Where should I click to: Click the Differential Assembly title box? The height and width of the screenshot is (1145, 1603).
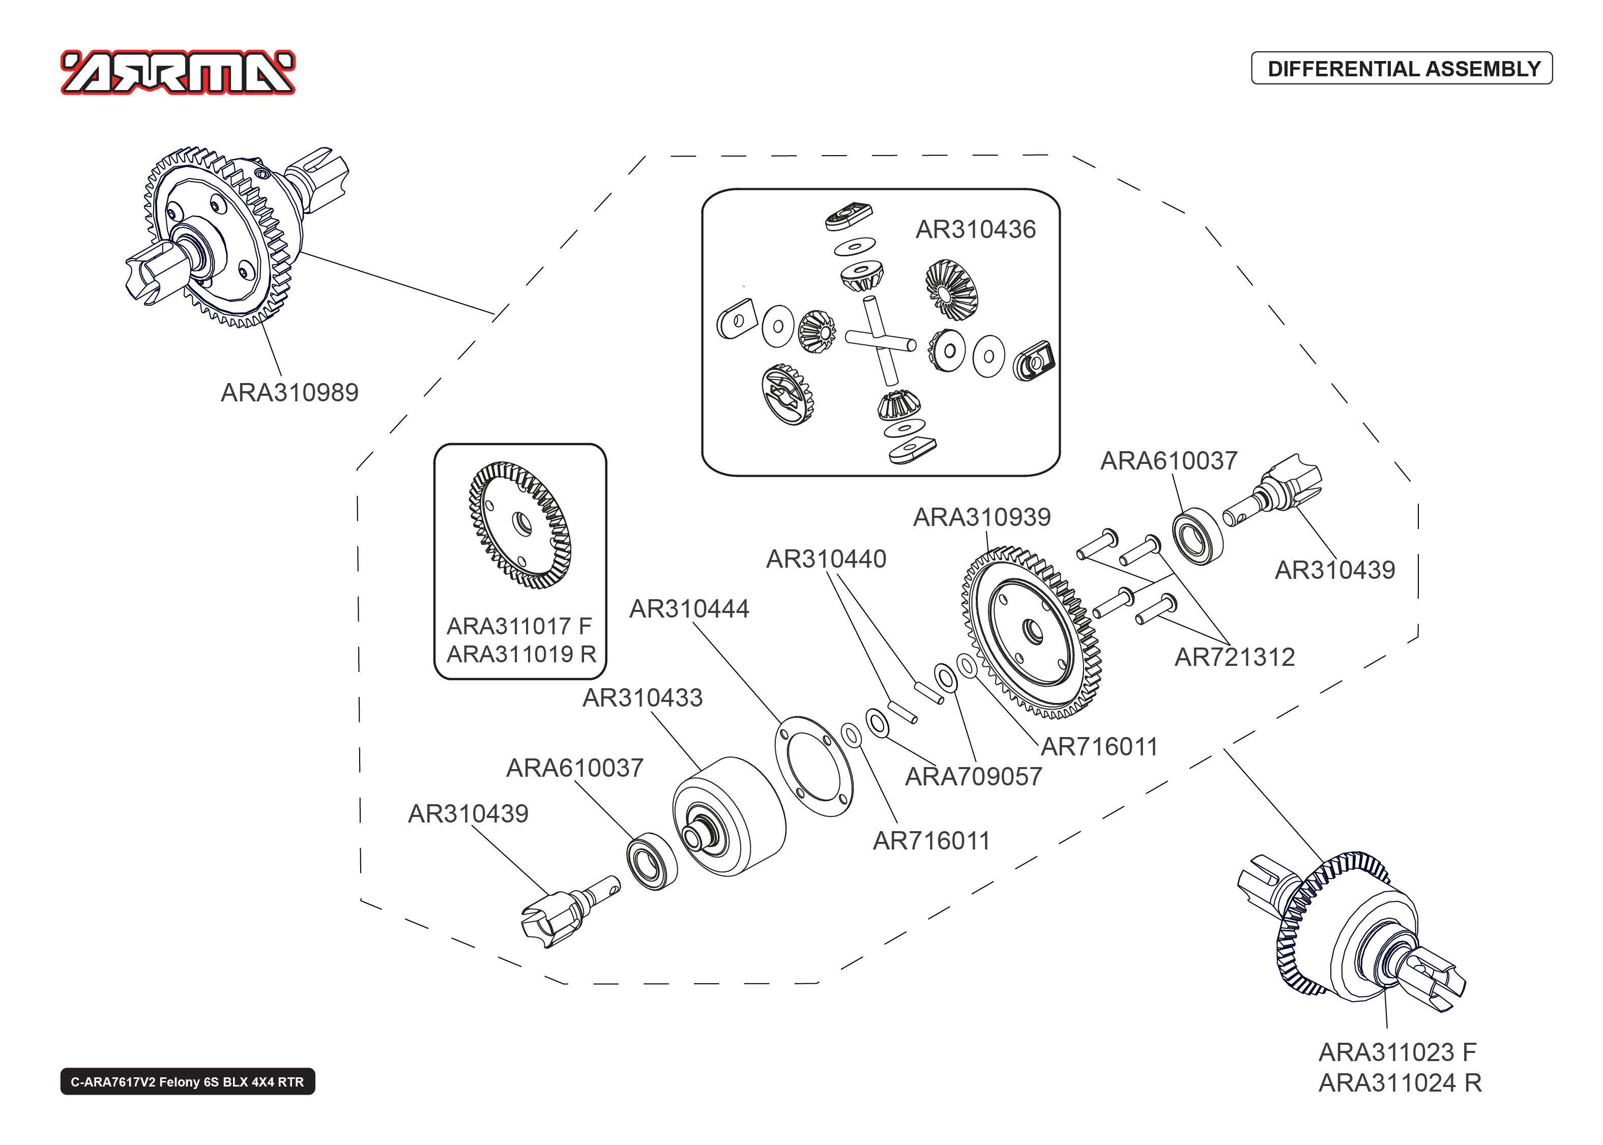(1402, 68)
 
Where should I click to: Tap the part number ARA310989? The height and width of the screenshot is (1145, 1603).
(290, 393)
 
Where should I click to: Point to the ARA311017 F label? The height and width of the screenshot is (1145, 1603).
(519, 626)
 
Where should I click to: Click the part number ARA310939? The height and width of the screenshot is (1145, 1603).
(981, 517)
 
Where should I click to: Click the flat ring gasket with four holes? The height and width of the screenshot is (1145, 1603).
(814, 767)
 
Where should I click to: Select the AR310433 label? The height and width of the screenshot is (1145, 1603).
(642, 698)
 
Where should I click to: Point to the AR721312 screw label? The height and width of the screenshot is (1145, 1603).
(1234, 658)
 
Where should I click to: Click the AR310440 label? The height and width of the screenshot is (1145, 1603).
(826, 559)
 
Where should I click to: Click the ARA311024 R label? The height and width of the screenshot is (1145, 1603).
(1400, 1083)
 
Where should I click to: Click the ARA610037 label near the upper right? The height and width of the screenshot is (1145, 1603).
(1168, 461)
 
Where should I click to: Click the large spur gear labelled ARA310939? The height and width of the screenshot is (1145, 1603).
(1033, 632)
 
